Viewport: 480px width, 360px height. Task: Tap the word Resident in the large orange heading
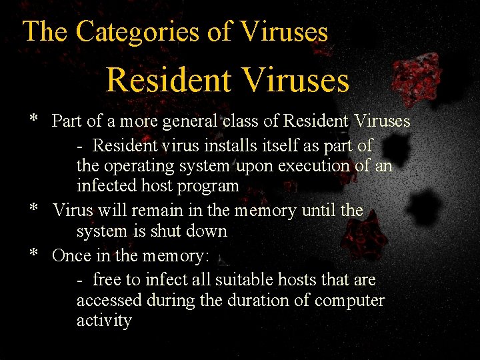(x=167, y=80)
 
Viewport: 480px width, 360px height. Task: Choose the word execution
(x=318, y=165)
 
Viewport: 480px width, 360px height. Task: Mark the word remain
(x=159, y=211)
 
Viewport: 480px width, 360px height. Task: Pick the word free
(x=107, y=279)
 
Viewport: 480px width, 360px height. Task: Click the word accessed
(x=109, y=300)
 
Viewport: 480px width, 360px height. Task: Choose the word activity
(x=104, y=321)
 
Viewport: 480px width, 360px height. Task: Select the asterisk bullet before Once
(x=33, y=254)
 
